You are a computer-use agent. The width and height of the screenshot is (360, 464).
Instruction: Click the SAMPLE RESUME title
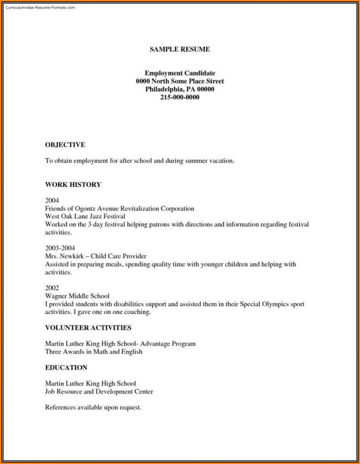pyautogui.click(x=180, y=49)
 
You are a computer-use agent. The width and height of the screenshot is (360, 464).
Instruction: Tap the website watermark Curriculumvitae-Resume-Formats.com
pyautogui.click(x=40, y=8)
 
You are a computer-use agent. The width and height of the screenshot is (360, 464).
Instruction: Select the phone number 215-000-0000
pyautogui.click(x=180, y=97)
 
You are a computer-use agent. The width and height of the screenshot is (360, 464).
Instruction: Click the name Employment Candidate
pyautogui.click(x=180, y=73)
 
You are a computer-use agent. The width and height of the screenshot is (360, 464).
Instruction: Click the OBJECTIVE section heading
pyautogui.click(x=65, y=144)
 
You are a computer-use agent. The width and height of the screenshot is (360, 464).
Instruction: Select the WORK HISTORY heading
pyautogui.click(x=73, y=184)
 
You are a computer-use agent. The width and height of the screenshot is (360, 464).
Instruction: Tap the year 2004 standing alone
pyautogui.click(x=52, y=200)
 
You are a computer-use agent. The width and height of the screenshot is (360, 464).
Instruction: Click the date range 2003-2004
pyautogui.click(x=60, y=248)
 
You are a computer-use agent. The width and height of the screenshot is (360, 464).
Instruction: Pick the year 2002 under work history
pyautogui.click(x=52, y=288)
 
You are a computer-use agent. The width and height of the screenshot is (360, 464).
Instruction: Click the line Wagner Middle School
pyautogui.click(x=77, y=296)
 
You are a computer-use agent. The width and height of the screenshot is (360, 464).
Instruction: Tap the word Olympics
pyautogui.click(x=262, y=304)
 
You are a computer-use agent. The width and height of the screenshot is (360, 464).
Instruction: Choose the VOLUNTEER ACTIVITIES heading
pyautogui.click(x=88, y=327)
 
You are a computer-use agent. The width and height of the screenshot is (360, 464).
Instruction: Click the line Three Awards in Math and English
pyautogui.click(x=93, y=351)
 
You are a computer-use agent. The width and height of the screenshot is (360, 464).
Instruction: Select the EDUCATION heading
pyautogui.click(x=66, y=367)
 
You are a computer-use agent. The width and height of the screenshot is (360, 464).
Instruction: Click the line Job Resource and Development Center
pyautogui.click(x=99, y=391)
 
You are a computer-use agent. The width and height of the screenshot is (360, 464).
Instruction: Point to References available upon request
pyautogui.click(x=93, y=407)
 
